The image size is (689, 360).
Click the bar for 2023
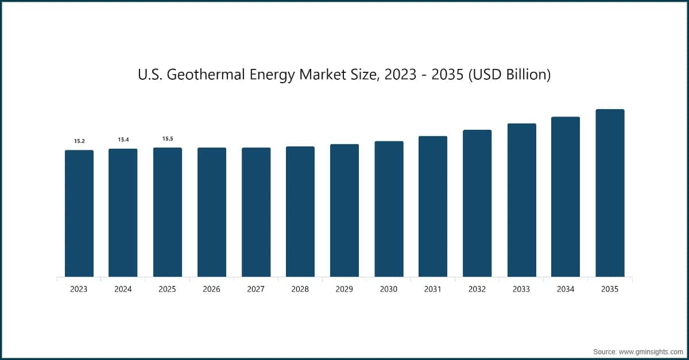click(79, 214)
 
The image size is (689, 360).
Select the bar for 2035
click(610, 193)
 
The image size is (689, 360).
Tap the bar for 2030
click(389, 209)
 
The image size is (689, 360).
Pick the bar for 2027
click(256, 212)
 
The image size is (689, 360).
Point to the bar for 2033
click(521, 200)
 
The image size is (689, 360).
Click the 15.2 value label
click(79, 141)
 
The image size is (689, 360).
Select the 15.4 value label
click(123, 140)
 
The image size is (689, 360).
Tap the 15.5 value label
click(168, 138)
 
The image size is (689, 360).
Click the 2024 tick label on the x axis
click(123, 289)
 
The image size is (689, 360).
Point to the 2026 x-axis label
click(211, 289)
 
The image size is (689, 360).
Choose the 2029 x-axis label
click(344, 289)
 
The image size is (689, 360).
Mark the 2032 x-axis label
click(477, 289)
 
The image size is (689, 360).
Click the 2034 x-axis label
click(566, 289)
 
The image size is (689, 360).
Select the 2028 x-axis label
click(300, 289)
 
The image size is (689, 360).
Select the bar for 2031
click(433, 207)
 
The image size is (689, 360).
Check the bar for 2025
click(168, 212)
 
